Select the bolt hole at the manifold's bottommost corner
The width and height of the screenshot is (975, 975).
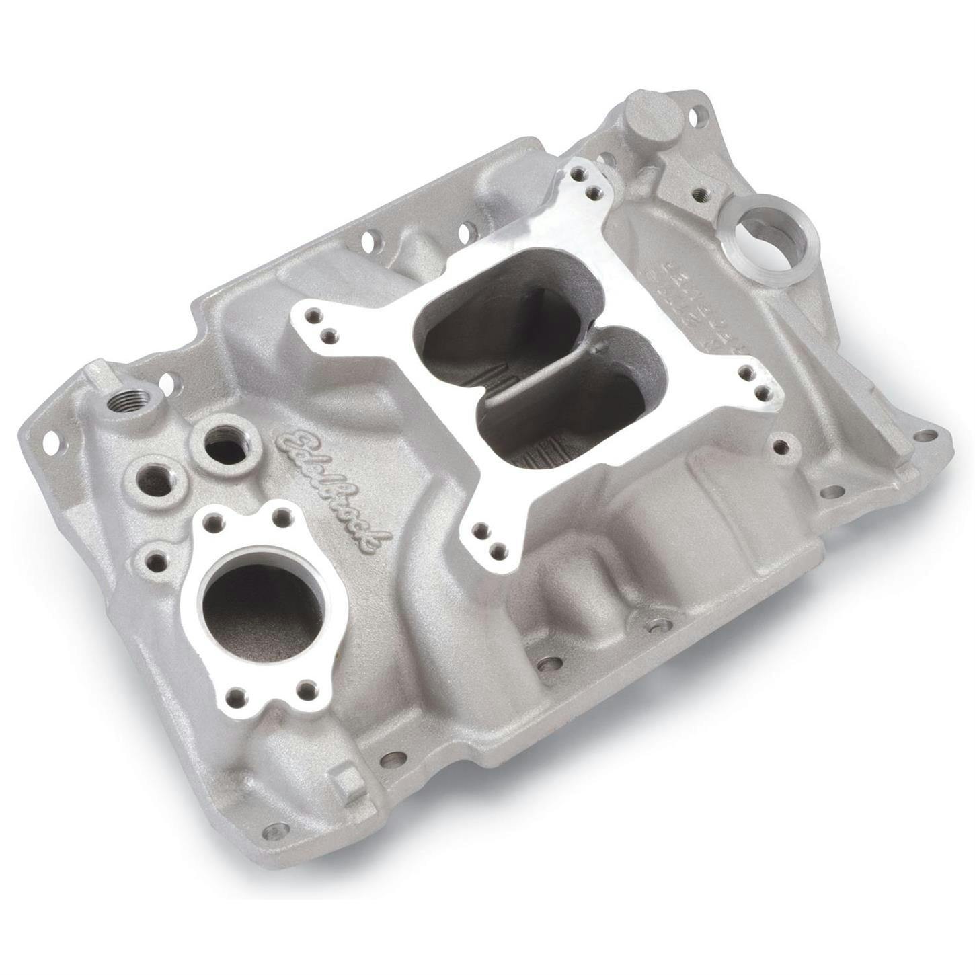(273, 828)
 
